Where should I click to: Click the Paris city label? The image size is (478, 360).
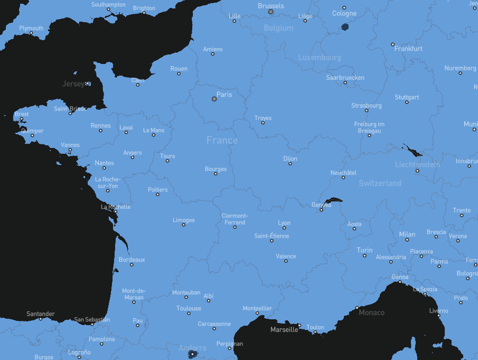pyautogui.click(x=224, y=95)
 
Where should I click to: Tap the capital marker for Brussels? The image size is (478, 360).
pyautogui.click(x=270, y=12)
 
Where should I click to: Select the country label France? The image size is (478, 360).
pyautogui.click(x=222, y=140)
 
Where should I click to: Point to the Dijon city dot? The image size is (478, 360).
pyautogui.click(x=290, y=164)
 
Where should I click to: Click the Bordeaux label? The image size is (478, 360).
pyautogui.click(x=132, y=260)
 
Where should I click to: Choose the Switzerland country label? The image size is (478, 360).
pyautogui.click(x=380, y=183)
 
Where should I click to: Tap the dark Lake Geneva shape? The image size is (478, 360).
pyautogui.click(x=333, y=200)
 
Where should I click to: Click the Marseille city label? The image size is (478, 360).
pyautogui.click(x=284, y=329)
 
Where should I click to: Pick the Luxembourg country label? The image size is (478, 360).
pyautogui.click(x=320, y=57)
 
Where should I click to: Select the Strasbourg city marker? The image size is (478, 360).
pyautogui.click(x=366, y=111)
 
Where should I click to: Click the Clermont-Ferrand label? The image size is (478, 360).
pyautogui.click(x=235, y=218)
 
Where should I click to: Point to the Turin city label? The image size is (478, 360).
pyautogui.click(x=364, y=250)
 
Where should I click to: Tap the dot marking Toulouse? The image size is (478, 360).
pyautogui.click(x=189, y=313)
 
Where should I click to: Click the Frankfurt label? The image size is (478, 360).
pyautogui.click(x=408, y=49)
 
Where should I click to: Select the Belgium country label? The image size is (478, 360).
pyautogui.click(x=278, y=28)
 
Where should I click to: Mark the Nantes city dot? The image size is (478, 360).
pyautogui.click(x=104, y=168)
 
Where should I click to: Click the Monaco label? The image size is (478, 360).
pyautogui.click(x=372, y=312)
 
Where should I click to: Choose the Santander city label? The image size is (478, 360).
pyautogui.click(x=41, y=314)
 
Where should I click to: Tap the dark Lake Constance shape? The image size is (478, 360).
pyautogui.click(x=413, y=150)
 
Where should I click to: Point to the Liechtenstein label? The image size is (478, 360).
pyautogui.click(x=417, y=164)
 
